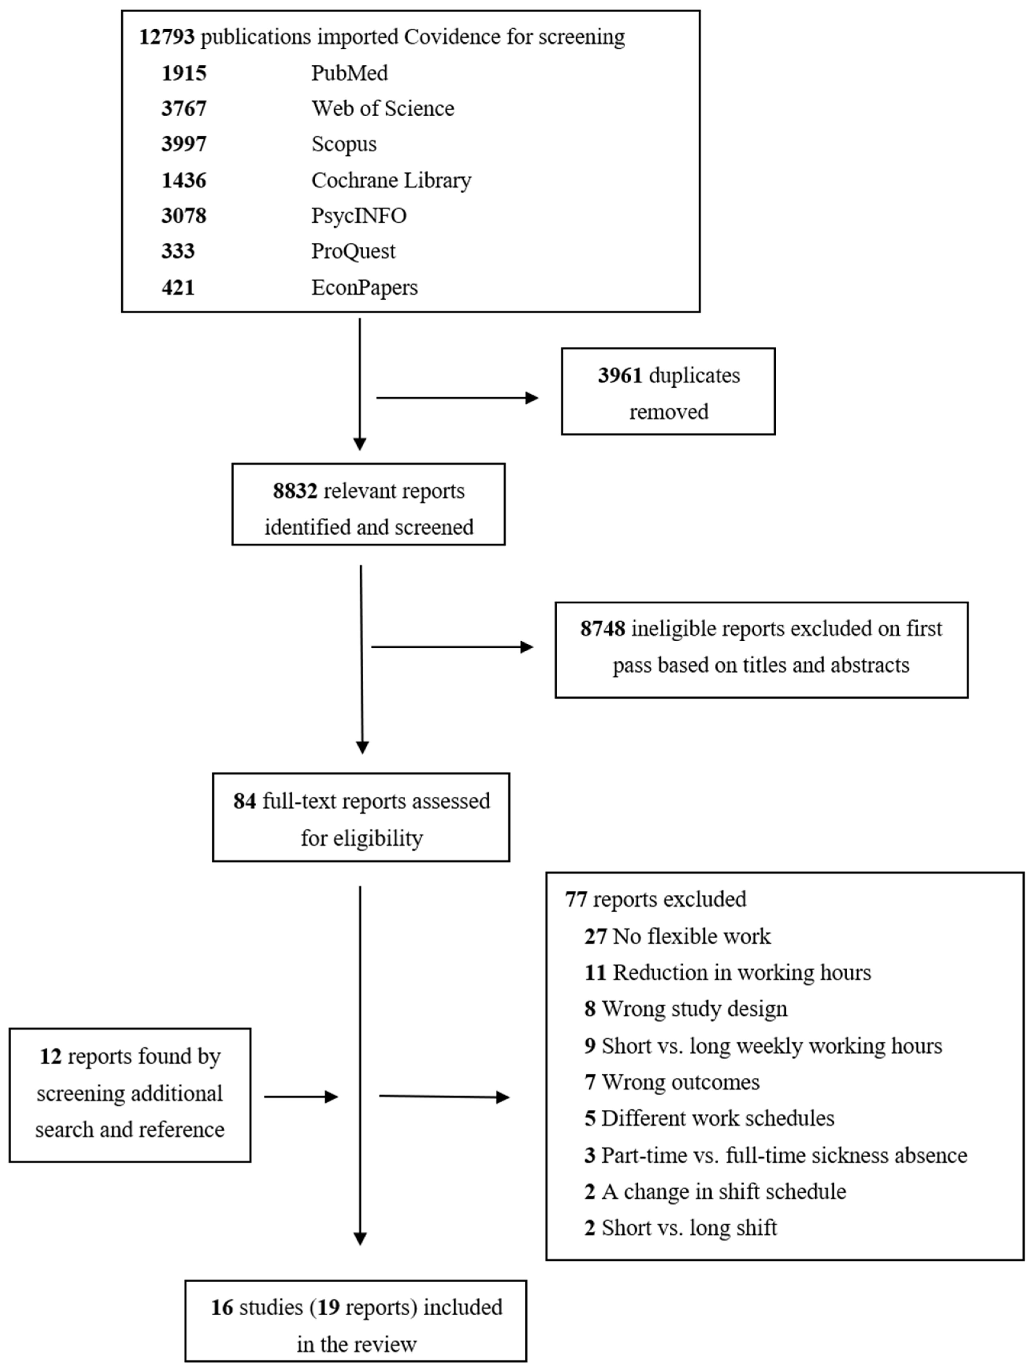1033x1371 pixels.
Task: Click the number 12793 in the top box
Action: pos(166,37)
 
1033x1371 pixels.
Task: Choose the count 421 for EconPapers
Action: pos(178,288)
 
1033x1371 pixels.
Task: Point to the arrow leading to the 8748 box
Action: pos(452,647)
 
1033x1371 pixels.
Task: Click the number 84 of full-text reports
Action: pos(244,801)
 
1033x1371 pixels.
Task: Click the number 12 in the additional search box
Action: pos(50,1057)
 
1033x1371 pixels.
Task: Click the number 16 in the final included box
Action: pos(221,1308)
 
